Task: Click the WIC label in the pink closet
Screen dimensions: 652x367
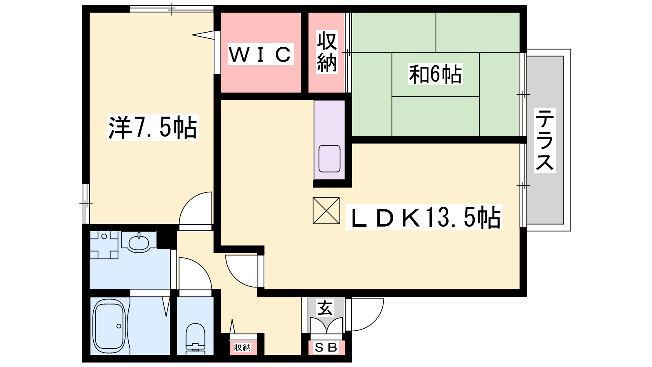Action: click(x=260, y=54)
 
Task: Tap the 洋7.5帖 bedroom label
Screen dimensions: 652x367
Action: click(x=153, y=128)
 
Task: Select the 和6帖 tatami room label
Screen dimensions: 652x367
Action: click(x=435, y=74)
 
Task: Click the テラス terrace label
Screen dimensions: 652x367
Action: click(x=544, y=140)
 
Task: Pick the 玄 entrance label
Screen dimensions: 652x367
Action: click(x=325, y=309)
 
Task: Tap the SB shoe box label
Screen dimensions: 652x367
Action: click(x=326, y=347)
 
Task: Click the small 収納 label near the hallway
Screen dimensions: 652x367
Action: click(x=242, y=347)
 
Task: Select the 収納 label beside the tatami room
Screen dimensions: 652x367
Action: click(x=326, y=52)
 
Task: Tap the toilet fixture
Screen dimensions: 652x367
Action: click(x=195, y=339)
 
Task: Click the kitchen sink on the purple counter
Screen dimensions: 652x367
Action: click(x=329, y=159)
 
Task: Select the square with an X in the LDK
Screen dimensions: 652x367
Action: click(x=326, y=210)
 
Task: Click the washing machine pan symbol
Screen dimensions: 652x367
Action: click(x=104, y=245)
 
